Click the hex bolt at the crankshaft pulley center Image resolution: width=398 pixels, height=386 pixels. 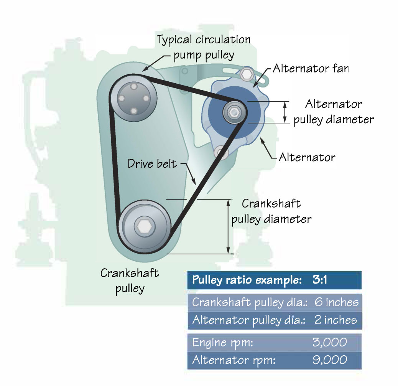click(144, 227)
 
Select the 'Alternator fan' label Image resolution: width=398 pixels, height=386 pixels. click(311, 69)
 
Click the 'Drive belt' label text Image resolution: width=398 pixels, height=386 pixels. click(152, 164)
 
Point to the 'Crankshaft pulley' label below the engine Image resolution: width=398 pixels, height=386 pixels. click(130, 280)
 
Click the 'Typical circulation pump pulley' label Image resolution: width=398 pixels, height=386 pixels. click(204, 47)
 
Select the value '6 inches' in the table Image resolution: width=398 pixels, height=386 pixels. click(336, 302)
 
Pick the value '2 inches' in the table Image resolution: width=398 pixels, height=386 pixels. click(336, 320)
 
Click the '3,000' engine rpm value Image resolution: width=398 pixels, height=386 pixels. click(330, 342)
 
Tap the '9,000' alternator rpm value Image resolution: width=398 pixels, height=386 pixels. click(330, 360)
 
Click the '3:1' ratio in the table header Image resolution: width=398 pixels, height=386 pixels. click(319, 280)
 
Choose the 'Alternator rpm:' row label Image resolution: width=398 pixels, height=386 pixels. click(234, 360)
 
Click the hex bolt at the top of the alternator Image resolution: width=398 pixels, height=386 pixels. click(247, 74)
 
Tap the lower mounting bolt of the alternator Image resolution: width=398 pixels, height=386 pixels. click(222, 152)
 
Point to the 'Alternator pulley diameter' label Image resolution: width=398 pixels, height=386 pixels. click(333, 112)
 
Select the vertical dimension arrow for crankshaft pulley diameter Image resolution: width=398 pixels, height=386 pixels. click(229, 226)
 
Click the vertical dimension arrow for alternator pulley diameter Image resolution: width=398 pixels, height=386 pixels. click(285, 112)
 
